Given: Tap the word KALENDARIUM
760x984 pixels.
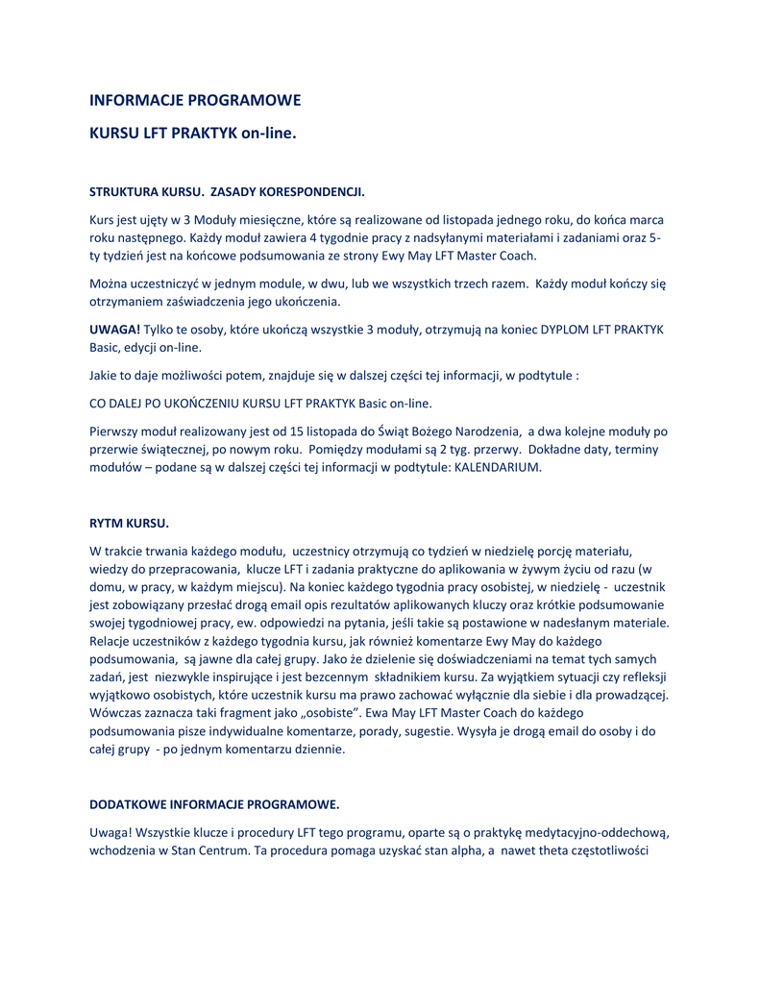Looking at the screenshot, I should click(x=498, y=467).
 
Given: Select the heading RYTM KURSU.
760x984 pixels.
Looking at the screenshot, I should click(x=129, y=524).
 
